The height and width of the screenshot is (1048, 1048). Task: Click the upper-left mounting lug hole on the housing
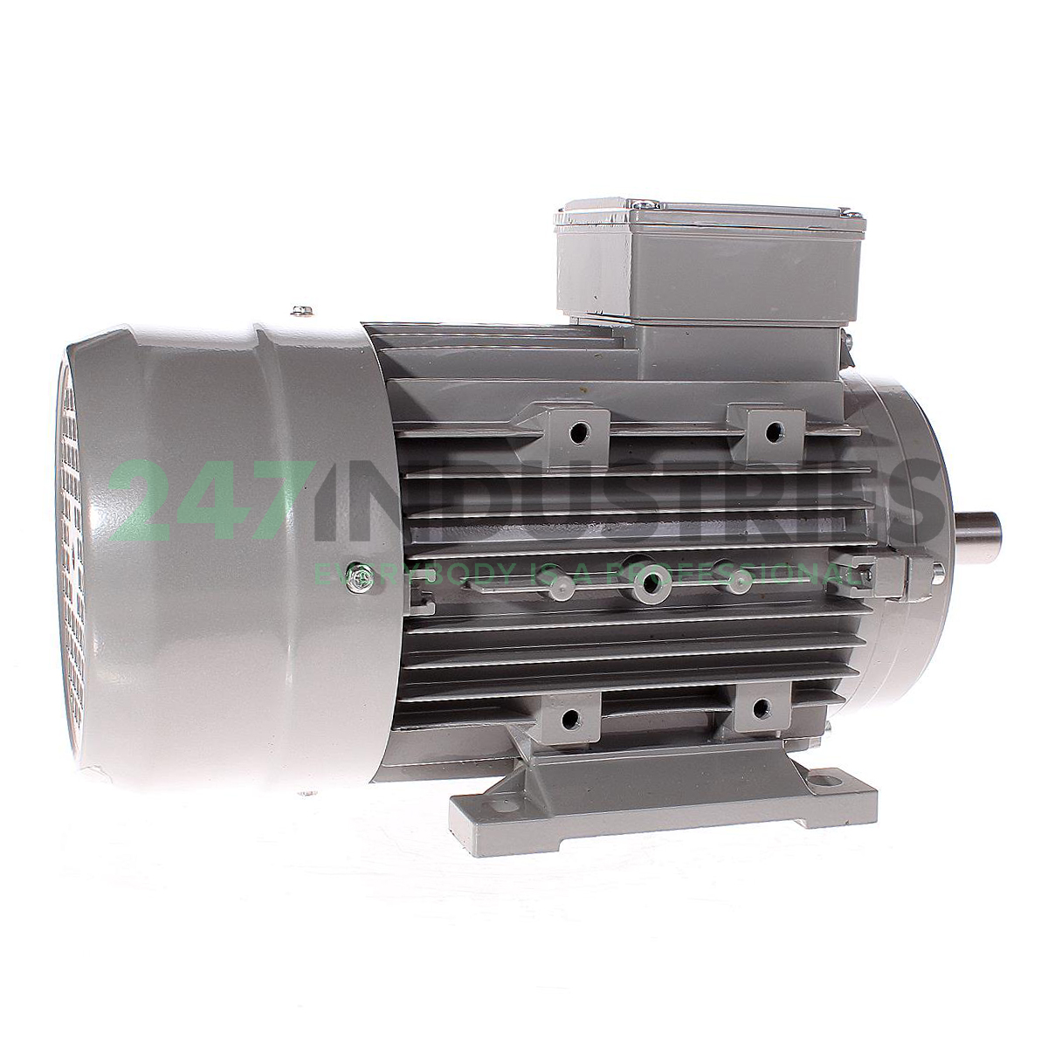pyautogui.click(x=577, y=430)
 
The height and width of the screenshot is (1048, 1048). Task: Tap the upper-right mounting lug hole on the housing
pyautogui.click(x=773, y=431)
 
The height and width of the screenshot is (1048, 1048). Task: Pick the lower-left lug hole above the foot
pyautogui.click(x=570, y=718)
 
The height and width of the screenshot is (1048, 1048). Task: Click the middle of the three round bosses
pyautogui.click(x=649, y=583)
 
